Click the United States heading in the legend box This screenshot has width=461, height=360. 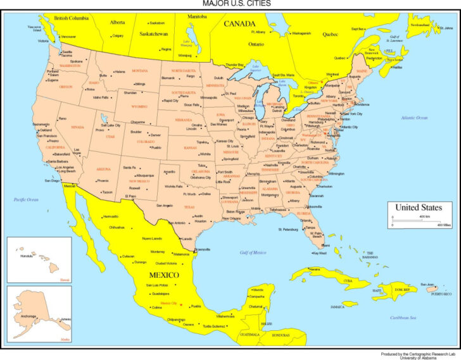coord(419,208)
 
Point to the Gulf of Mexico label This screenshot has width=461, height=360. coord(253,252)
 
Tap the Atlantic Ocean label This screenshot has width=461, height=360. coord(414,118)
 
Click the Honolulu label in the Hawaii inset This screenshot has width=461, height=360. coord(27,256)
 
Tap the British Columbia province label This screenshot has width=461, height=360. coord(71,19)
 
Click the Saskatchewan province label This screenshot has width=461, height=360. coord(153,33)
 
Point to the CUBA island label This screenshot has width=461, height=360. coord(348,279)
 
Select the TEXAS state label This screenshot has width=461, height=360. coord(189,206)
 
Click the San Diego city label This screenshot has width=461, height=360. coord(52,180)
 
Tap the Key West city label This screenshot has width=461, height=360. coord(320,253)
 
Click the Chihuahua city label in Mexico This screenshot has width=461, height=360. coord(117,227)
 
